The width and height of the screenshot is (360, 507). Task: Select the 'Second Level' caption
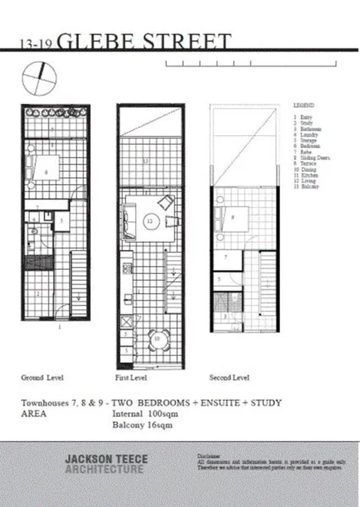tap(230, 377)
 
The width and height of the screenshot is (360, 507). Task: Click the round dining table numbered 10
tap(157, 337)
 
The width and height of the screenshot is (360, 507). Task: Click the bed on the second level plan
tap(233, 216)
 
